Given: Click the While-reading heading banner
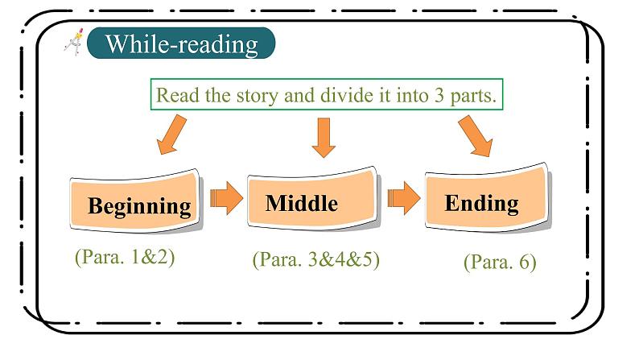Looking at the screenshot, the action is click(180, 43).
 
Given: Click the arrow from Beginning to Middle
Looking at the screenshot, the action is click(226, 197).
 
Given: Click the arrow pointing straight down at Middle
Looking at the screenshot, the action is click(323, 137).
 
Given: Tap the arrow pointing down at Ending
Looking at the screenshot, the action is click(476, 134).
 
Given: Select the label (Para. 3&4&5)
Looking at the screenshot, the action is click(315, 260).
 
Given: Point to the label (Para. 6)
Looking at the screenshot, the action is click(500, 262).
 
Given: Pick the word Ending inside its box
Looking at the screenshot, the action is click(481, 202).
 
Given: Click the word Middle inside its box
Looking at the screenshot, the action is click(302, 202).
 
